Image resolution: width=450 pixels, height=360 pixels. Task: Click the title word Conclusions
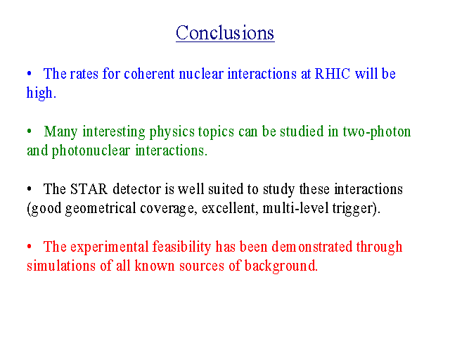point(225,33)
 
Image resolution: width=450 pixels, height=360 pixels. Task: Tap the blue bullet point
point(29,74)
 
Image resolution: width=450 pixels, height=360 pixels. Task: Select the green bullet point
point(29,131)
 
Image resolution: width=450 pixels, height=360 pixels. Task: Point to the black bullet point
point(29,189)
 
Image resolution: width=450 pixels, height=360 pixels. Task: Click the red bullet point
point(29,247)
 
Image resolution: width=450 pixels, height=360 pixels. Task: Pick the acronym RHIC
point(333,74)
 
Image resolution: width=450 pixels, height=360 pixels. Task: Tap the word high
point(40,93)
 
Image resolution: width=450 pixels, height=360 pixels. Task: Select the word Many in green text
point(60,132)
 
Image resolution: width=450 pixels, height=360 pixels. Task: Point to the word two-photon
point(377,132)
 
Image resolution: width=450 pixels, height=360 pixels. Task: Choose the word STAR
point(89,189)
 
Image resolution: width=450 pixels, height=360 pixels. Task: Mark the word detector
point(136,189)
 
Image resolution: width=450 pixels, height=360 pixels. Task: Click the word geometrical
point(101,209)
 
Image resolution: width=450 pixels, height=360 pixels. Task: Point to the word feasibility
point(181,247)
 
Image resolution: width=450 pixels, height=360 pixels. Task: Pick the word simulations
point(61,266)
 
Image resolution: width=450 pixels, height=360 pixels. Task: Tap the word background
point(281,266)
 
